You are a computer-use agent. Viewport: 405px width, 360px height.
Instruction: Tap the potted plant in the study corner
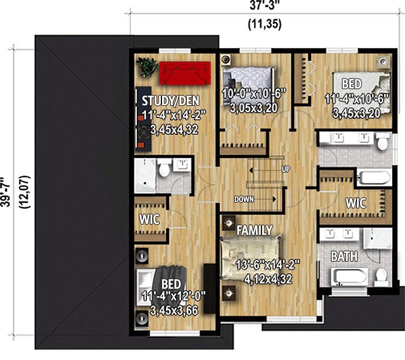[148, 67]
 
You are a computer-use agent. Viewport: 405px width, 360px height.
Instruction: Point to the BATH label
[344, 256]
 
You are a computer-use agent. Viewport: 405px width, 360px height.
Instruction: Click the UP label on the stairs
[285, 170]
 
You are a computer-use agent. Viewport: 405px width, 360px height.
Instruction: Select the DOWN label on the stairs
[244, 199]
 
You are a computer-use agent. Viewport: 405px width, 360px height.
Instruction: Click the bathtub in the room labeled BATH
[349, 275]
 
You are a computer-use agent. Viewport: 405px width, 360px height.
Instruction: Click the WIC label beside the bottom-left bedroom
[149, 221]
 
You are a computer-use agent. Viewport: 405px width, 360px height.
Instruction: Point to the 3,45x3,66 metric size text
[174, 311]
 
